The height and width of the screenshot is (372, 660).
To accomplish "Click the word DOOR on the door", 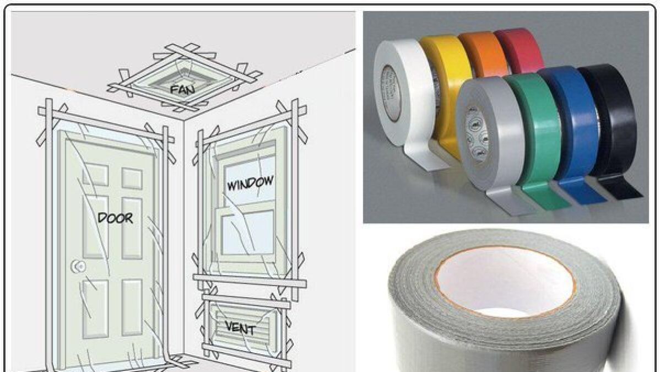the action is [115, 218].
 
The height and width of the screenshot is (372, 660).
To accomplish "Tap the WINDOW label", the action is [251, 184].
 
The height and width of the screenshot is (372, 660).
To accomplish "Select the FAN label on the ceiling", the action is [182, 89].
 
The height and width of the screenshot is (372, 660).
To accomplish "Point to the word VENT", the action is [240, 328].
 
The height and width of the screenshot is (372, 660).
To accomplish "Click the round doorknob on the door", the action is [79, 266].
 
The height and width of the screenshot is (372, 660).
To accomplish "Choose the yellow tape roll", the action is [442, 76].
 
